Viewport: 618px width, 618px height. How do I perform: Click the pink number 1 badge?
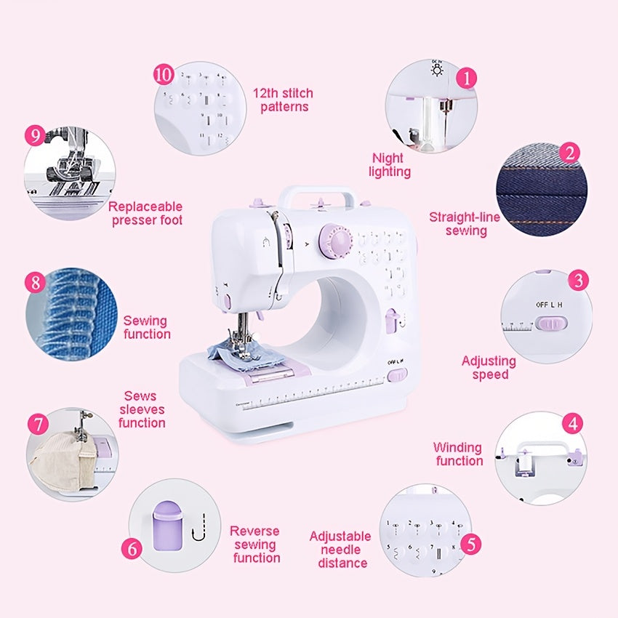[x=467, y=77]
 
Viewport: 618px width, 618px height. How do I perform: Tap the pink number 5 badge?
[x=471, y=544]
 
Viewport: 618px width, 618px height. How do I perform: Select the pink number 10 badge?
[x=164, y=74]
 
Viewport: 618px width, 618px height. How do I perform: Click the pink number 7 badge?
[x=38, y=424]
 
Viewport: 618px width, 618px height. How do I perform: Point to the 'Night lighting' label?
[x=390, y=165]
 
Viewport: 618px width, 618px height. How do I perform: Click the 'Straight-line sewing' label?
[x=465, y=223]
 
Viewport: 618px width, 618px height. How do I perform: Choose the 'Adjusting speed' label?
[x=489, y=368]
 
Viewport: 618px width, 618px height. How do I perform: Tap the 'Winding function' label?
[x=458, y=454]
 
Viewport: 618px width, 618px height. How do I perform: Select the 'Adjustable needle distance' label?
[x=340, y=549]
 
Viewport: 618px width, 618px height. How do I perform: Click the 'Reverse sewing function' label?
[x=256, y=545]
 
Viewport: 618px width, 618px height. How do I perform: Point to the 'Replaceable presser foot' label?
[x=146, y=213]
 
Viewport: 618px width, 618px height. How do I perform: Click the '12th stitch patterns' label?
[x=283, y=100]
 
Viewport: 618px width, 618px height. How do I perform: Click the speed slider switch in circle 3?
[x=549, y=324]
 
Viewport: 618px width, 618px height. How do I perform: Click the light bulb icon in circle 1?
[x=438, y=70]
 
